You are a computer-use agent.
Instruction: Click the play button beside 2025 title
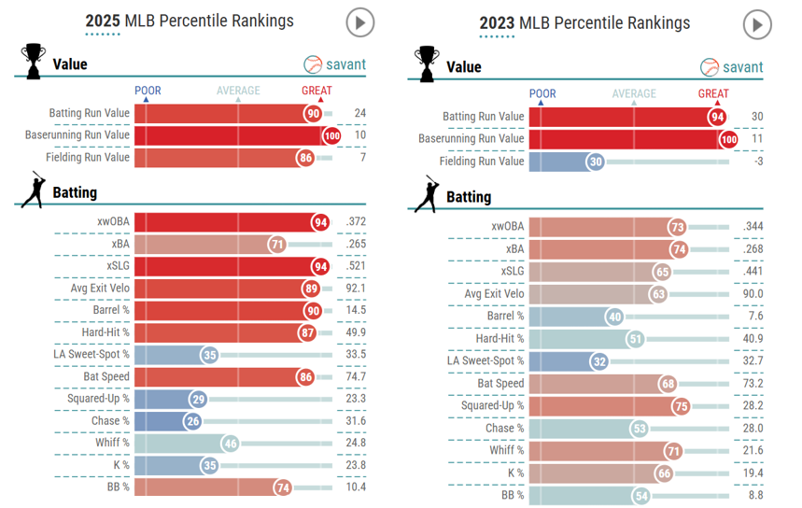[x=359, y=21]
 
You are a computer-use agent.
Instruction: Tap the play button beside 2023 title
[x=757, y=24]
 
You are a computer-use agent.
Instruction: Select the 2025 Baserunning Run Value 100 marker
[x=331, y=135]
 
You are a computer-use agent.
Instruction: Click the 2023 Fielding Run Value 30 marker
[x=596, y=162]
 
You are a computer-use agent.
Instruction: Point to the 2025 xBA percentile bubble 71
[x=276, y=244]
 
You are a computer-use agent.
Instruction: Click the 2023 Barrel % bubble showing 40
[x=613, y=316]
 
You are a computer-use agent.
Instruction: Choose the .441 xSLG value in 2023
[x=753, y=271]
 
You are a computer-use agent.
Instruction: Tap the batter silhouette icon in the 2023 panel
[x=429, y=194]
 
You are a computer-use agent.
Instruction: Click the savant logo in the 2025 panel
[x=335, y=64]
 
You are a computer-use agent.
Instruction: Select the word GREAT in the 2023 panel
[x=713, y=93]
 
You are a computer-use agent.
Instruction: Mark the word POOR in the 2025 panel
[x=148, y=91]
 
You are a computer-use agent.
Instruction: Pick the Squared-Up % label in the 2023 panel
[x=493, y=406]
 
